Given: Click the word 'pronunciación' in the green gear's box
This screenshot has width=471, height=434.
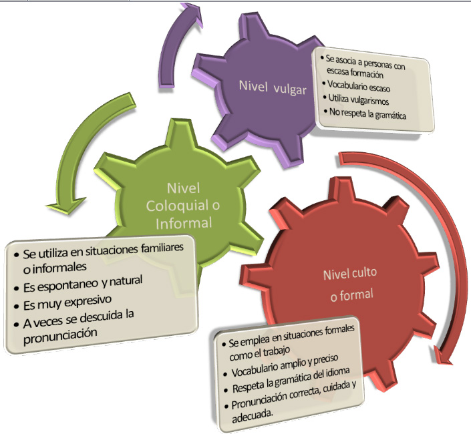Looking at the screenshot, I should coord(60,332).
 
